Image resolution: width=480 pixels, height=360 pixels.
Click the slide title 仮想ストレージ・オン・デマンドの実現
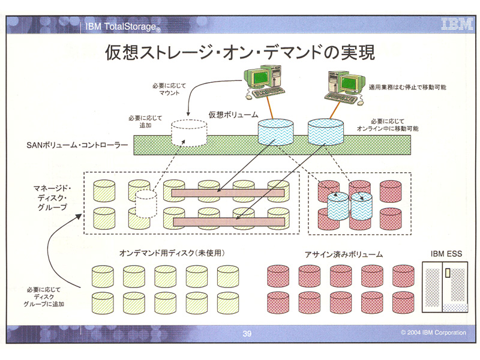point(240,53)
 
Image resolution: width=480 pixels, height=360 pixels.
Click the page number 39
point(247,334)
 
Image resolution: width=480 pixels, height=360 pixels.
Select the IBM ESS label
point(446,254)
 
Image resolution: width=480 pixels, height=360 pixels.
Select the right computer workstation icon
point(347,86)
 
